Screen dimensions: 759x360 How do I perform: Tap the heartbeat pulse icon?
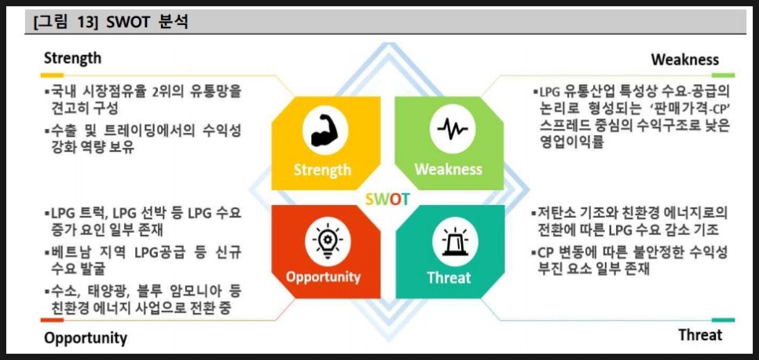click(x=452, y=129)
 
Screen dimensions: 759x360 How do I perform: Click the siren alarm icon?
click(x=454, y=241)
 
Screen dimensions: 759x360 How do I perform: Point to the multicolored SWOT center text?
click(x=387, y=199)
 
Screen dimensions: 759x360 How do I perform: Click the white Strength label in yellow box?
click(x=322, y=170)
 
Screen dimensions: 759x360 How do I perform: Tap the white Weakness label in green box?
click(x=448, y=169)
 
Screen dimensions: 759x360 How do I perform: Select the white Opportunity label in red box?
click(x=323, y=277)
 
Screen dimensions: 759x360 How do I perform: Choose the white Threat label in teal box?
click(x=449, y=277)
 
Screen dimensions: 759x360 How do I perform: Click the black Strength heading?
click(x=72, y=59)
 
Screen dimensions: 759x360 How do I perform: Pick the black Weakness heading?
click(x=685, y=60)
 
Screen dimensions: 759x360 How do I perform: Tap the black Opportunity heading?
click(x=86, y=338)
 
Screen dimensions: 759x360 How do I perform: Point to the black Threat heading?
click(x=700, y=335)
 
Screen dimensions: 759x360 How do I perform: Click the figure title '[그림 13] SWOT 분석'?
click(x=110, y=23)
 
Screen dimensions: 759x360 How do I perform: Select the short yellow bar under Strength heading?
click(x=52, y=75)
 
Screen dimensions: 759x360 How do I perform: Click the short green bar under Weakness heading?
click(x=723, y=75)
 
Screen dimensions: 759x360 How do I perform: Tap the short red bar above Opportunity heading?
click(x=52, y=320)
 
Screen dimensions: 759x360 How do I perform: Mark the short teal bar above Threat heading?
click(x=723, y=320)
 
